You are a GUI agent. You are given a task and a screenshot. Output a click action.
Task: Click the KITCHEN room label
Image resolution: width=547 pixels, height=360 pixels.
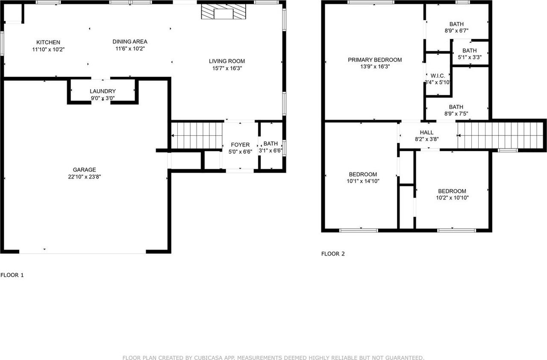pyautogui.click(x=48, y=42)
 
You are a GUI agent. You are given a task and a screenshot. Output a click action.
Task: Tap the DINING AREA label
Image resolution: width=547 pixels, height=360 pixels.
pyautogui.click(x=130, y=41)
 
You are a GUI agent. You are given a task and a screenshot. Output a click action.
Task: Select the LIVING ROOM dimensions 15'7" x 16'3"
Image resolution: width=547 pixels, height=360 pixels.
pyautogui.click(x=226, y=68)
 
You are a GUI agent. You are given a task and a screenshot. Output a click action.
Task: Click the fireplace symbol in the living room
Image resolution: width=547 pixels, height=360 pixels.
pyautogui.click(x=224, y=13)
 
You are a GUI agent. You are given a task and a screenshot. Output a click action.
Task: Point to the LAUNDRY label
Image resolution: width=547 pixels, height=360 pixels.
pyautogui.click(x=103, y=91)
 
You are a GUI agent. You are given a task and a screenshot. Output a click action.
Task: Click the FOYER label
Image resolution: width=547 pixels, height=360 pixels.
pyautogui.click(x=240, y=145)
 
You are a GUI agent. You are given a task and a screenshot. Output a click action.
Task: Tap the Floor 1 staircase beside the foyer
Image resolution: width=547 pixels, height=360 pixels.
pyautogui.click(x=197, y=135)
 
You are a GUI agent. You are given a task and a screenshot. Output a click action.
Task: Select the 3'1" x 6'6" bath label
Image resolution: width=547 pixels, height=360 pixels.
pyautogui.click(x=270, y=151)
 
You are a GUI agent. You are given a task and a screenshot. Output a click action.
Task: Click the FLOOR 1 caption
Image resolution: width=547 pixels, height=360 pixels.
pyautogui.click(x=12, y=275)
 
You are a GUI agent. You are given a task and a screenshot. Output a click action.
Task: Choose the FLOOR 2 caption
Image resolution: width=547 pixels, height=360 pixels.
pyautogui.click(x=333, y=254)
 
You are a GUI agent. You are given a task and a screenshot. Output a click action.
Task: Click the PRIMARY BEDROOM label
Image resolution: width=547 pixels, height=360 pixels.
pyautogui.click(x=375, y=60)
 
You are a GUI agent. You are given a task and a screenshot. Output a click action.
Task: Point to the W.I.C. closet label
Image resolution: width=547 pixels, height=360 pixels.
pyautogui.click(x=438, y=76)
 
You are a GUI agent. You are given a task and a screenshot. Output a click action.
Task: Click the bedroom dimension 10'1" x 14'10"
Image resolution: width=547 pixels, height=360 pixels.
pyautogui.click(x=363, y=181)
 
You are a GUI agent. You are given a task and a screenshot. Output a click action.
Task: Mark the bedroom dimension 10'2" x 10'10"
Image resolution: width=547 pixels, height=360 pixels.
pyautogui.click(x=452, y=198)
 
